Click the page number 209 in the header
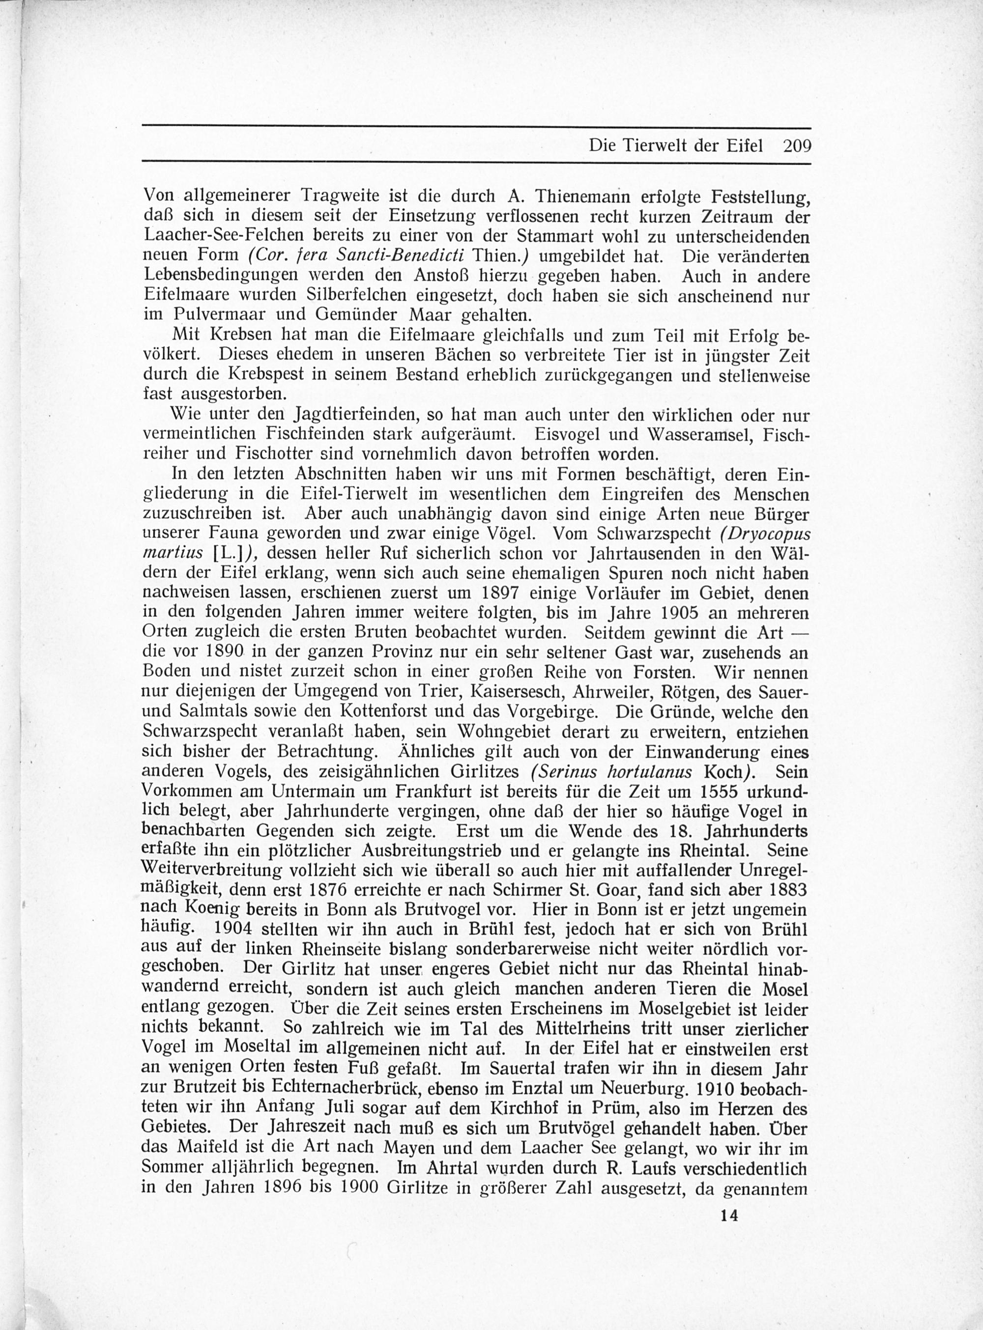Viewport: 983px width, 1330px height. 797,146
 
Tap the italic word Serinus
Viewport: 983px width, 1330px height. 563,772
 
